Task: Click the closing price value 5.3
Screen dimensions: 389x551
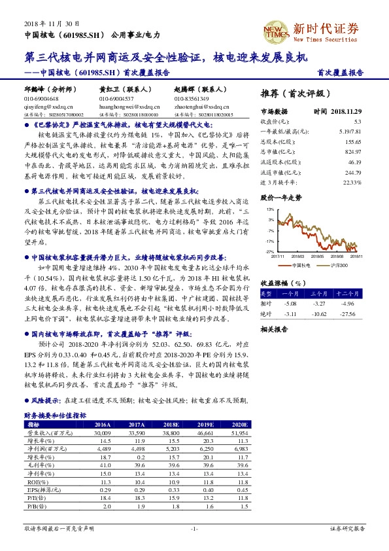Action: (357, 122)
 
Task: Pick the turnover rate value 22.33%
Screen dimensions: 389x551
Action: (352, 181)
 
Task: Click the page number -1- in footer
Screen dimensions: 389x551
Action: (194, 527)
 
